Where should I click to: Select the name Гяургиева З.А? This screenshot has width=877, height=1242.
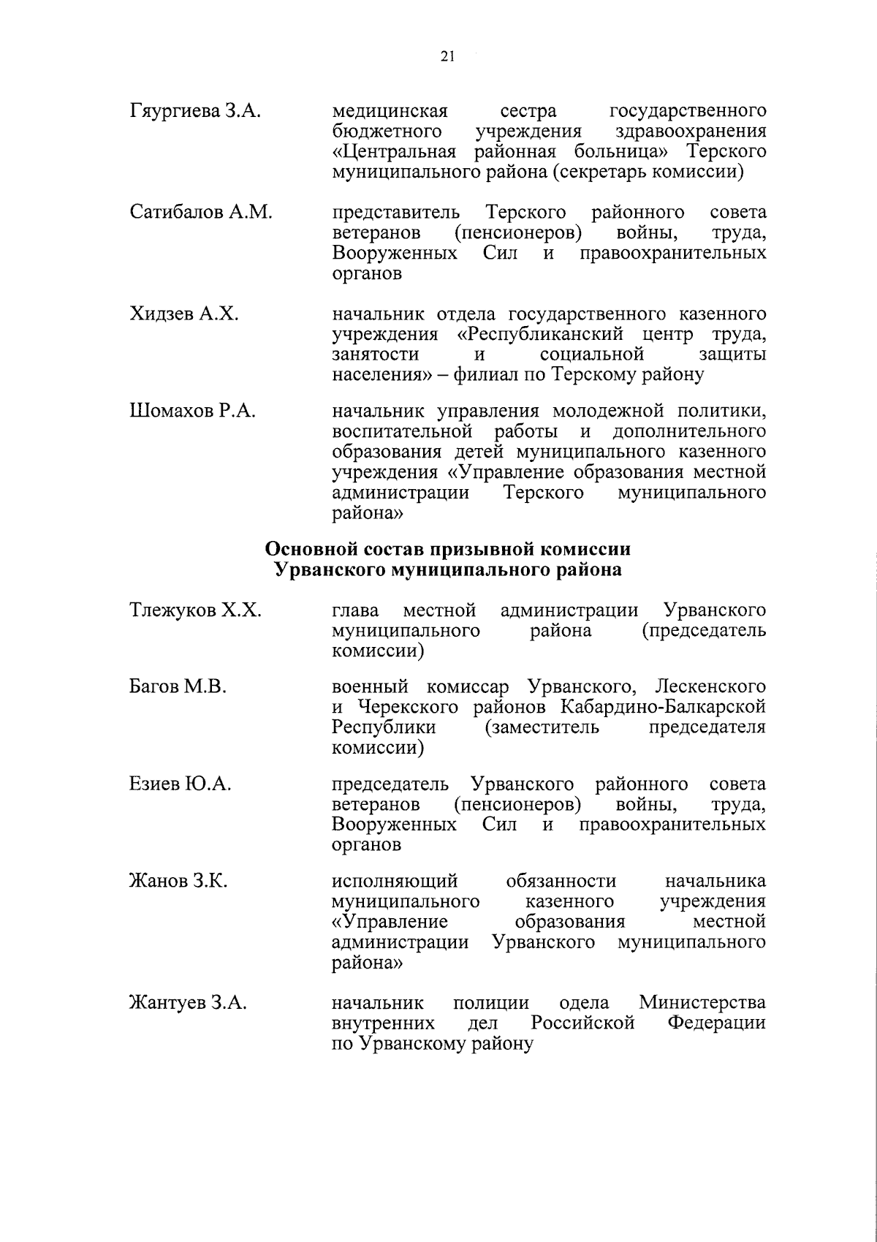(195, 112)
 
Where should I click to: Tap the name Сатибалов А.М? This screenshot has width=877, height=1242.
(201, 213)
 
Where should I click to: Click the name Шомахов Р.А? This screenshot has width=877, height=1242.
(192, 411)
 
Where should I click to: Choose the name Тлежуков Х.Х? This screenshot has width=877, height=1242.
(195, 610)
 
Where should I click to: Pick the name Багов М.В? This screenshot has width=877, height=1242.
(178, 687)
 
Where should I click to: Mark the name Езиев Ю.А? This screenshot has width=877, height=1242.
(181, 784)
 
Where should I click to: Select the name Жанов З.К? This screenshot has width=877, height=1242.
(178, 882)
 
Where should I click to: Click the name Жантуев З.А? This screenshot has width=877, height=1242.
(188, 1003)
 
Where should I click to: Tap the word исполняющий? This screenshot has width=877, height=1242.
(395, 882)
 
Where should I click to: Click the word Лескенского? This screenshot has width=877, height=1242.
(711, 687)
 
